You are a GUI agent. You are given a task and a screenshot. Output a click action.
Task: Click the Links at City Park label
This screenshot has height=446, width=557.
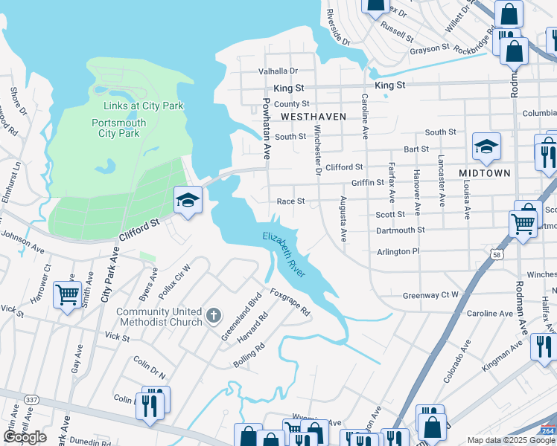pyautogui.click(x=138, y=106)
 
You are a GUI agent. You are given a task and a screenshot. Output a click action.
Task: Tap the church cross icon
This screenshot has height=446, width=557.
pyautogui.click(x=214, y=317)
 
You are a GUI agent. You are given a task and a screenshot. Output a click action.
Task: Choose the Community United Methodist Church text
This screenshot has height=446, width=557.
pyautogui.click(x=159, y=317)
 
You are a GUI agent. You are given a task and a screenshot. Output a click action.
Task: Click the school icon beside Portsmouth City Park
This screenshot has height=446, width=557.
pyautogui.click(x=188, y=200)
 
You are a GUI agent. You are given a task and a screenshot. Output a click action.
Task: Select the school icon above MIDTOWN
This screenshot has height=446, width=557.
pyautogui.click(x=486, y=146)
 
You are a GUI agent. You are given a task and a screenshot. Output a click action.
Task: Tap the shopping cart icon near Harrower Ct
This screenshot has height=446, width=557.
pyautogui.click(x=68, y=294)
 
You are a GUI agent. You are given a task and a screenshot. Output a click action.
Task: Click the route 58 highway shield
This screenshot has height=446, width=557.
pyautogui.click(x=497, y=254)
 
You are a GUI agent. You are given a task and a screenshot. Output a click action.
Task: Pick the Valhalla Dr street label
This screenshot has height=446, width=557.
pyautogui.click(x=278, y=71)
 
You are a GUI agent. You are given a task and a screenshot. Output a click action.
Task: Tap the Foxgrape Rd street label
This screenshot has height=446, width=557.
pyautogui.click(x=290, y=303)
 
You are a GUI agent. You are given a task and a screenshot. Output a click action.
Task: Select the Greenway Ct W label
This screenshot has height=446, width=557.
pyautogui.click(x=431, y=295)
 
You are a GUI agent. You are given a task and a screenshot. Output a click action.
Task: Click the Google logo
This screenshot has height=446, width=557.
pyautogui.click(x=25, y=437)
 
